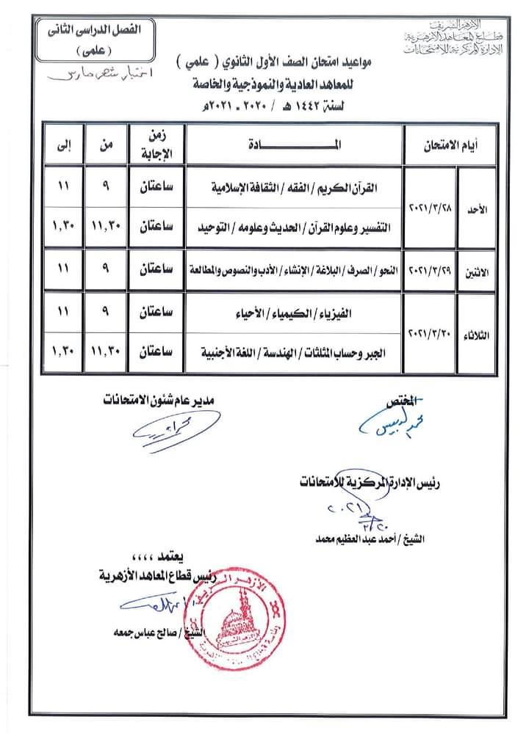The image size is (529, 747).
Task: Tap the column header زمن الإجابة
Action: pyautogui.click(x=156, y=145)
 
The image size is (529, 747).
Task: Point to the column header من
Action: pyautogui.click(x=106, y=145)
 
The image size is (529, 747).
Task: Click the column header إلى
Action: pyautogui.click(x=63, y=145)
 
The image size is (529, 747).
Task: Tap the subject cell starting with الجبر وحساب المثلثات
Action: pyautogui.click(x=294, y=354)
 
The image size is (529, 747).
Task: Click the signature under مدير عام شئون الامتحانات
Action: pyautogui.click(x=165, y=434)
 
